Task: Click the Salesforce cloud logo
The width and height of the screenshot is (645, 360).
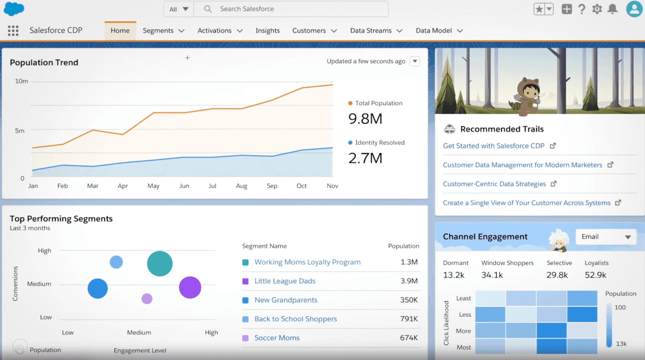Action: pyautogui.click(x=14, y=9)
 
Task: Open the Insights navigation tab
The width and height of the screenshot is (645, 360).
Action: pyautogui.click(x=267, y=31)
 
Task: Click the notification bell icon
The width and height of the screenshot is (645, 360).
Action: pyautogui.click(x=612, y=9)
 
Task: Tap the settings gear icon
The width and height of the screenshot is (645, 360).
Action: pyautogui.click(x=597, y=9)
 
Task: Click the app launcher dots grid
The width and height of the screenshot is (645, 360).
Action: pyautogui.click(x=13, y=31)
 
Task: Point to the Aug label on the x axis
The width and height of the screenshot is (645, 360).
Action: pyautogui.click(x=241, y=186)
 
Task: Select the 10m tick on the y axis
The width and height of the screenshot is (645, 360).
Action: pyautogui.click(x=21, y=81)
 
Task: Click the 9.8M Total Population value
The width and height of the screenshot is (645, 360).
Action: pyautogui.click(x=365, y=119)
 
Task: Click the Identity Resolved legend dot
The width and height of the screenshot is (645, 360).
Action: pyautogui.click(x=350, y=143)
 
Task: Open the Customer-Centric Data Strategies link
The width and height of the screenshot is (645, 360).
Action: pyautogui.click(x=494, y=184)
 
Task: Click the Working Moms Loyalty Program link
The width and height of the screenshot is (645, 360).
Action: pyautogui.click(x=307, y=262)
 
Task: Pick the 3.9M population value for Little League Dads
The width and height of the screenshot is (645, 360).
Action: pyautogui.click(x=409, y=281)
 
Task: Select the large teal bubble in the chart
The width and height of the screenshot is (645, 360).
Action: pyautogui.click(x=160, y=264)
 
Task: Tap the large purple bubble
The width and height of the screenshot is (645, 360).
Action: pyautogui.click(x=190, y=287)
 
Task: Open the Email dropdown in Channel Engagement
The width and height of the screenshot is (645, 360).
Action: pyautogui.click(x=606, y=237)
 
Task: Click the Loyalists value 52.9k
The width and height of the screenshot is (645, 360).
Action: pyautogui.click(x=595, y=275)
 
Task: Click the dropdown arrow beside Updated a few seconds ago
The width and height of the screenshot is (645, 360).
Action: pyautogui.click(x=415, y=61)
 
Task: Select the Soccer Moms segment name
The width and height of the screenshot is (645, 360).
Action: pyautogui.click(x=277, y=338)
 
